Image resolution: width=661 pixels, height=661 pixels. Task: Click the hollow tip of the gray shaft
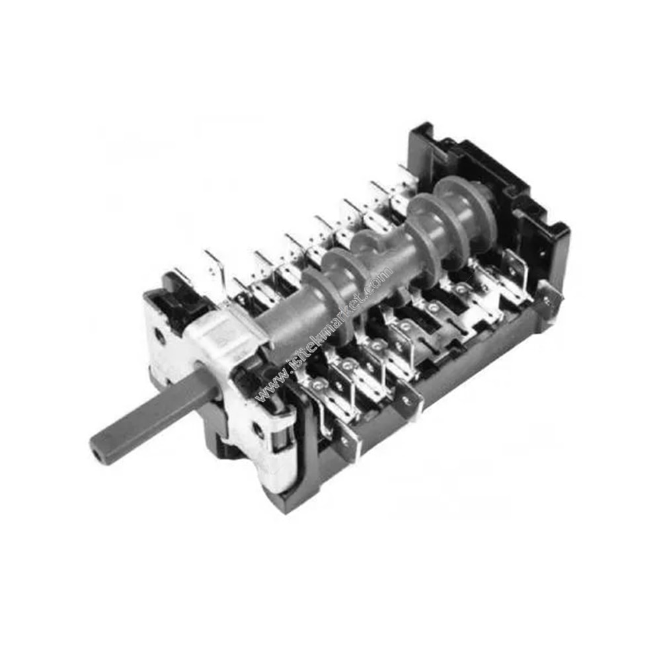tap(98, 451)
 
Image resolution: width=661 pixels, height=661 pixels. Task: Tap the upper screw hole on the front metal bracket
tap(160, 336)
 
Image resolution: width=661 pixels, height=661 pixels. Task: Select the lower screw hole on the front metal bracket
tap(256, 430)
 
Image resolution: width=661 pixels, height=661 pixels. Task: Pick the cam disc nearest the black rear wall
tap(465, 203)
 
